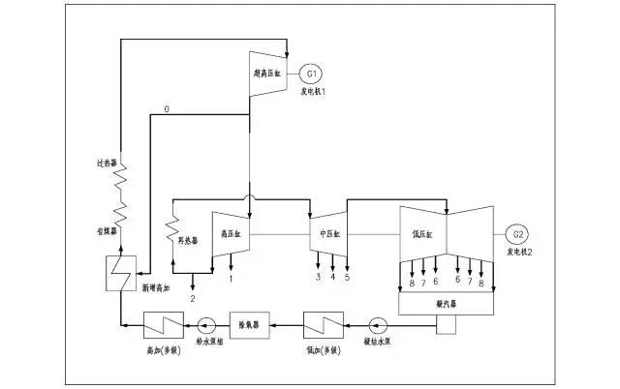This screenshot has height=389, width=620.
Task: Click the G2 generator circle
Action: point(518,234)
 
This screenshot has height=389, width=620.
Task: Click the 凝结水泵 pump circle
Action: point(379,321)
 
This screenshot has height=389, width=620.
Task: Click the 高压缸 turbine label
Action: point(231,233)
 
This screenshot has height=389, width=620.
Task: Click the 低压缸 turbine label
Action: point(422,233)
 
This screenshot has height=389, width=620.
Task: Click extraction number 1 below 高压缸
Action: point(231,279)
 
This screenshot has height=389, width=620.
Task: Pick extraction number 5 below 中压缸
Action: point(347,279)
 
